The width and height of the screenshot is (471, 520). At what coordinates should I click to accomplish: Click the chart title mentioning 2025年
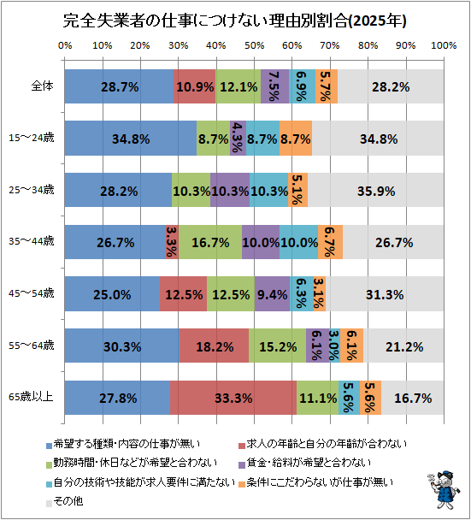[235, 21]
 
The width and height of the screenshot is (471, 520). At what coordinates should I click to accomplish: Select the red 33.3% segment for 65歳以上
[233, 398]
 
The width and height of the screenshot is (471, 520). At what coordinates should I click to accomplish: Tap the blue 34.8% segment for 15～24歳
[131, 139]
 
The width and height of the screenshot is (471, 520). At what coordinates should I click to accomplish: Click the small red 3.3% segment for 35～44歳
[173, 242]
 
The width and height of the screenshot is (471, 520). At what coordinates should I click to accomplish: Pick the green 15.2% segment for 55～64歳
[278, 346]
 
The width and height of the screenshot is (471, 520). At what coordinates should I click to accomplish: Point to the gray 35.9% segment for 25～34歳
[375, 190]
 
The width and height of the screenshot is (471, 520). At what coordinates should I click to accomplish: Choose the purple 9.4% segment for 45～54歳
[273, 294]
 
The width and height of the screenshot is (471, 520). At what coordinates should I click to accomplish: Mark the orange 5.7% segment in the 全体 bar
[327, 86]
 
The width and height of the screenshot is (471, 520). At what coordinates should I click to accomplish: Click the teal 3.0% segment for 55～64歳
[334, 346]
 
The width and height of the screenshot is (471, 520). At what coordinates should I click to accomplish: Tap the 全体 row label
[43, 86]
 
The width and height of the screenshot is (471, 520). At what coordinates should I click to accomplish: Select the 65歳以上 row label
[31, 397]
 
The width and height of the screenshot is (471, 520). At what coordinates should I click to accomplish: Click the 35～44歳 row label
[31, 241]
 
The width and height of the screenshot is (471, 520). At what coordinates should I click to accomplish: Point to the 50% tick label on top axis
[254, 45]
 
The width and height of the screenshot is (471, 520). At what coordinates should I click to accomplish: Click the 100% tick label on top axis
[444, 45]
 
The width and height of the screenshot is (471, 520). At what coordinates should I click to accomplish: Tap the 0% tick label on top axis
[65, 45]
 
